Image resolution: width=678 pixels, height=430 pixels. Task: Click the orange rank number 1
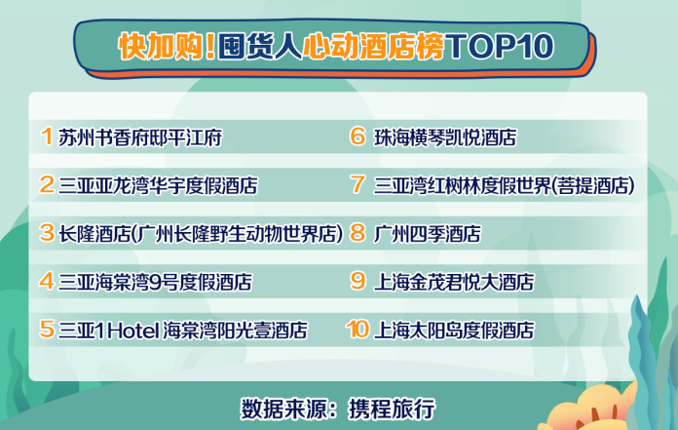click(x=47, y=137)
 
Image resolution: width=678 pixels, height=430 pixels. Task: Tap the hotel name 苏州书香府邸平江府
click(x=140, y=137)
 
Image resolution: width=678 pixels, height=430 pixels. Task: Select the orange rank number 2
click(x=47, y=184)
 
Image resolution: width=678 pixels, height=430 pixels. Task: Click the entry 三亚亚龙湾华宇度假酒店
click(x=158, y=185)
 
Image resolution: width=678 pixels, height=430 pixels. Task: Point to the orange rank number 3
click(x=47, y=233)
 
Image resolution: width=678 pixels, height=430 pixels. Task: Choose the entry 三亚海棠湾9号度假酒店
click(x=155, y=282)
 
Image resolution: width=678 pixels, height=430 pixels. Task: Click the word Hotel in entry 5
click(x=133, y=331)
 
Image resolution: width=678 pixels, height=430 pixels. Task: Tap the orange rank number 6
click(x=358, y=137)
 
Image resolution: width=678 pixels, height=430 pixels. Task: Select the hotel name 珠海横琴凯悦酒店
click(x=445, y=137)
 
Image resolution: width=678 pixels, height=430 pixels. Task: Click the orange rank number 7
click(x=358, y=184)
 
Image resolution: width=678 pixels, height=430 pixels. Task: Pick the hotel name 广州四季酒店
click(x=428, y=234)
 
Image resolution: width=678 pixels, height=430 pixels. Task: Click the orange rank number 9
click(x=358, y=281)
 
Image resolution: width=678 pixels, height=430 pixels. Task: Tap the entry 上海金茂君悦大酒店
click(x=454, y=282)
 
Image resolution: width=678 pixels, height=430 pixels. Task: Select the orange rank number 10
click(x=358, y=330)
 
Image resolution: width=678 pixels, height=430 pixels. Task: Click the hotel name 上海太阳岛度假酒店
click(x=454, y=331)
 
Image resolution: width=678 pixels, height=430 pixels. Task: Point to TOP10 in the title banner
click(x=500, y=46)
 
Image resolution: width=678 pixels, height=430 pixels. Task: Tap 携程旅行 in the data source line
click(x=392, y=409)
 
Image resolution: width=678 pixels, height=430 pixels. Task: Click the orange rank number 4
click(x=47, y=281)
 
